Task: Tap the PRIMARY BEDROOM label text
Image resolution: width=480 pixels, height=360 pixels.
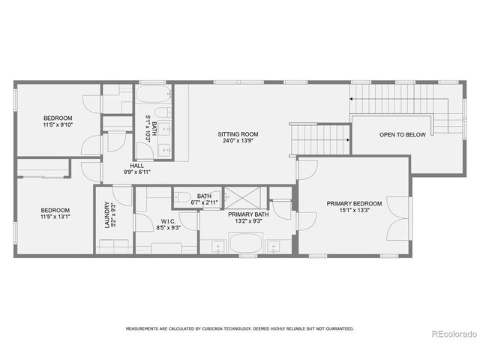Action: [x=354, y=203]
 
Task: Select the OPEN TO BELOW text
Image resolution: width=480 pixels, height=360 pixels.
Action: [x=402, y=135]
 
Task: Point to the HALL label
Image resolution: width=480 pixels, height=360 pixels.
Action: [x=137, y=166]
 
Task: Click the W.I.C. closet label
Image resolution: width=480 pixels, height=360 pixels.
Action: [x=167, y=221]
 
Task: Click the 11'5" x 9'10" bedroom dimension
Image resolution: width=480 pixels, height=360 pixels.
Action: [x=58, y=125]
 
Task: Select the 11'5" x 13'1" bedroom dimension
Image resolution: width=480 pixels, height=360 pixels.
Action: [x=55, y=217]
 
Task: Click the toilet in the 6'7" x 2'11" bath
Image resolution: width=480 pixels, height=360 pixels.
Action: [x=180, y=198]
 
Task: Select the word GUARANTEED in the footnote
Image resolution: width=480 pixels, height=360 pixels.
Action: [x=338, y=328]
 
